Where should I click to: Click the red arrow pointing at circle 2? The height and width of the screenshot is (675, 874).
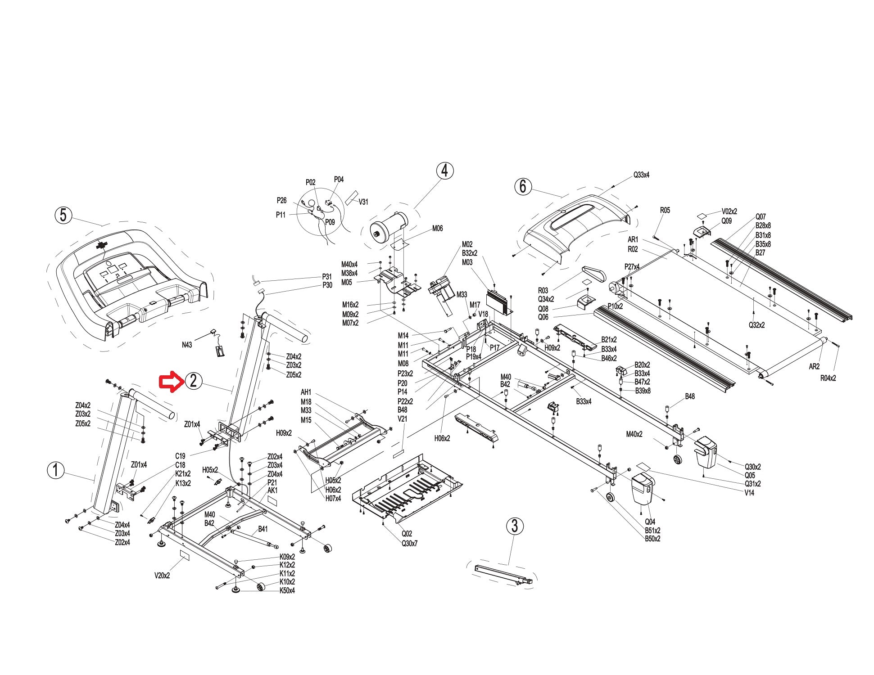click(x=172, y=382)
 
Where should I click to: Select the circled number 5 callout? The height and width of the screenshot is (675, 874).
click(x=63, y=215)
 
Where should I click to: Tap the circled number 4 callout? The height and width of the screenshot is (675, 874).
click(x=444, y=171)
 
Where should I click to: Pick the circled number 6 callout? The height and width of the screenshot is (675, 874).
click(x=523, y=186)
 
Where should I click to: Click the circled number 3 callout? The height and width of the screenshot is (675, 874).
click(x=515, y=526)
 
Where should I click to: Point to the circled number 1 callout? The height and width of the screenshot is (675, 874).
click(x=56, y=471)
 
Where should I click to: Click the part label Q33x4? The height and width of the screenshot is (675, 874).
click(x=641, y=175)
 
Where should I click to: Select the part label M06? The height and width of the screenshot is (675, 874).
click(x=437, y=228)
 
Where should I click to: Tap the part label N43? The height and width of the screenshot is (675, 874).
click(x=187, y=345)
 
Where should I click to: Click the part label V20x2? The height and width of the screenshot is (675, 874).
click(x=162, y=576)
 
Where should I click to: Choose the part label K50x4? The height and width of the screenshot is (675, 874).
click(x=287, y=590)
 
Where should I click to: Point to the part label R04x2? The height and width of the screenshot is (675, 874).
click(x=828, y=378)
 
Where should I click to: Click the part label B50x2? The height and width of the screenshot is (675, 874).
click(x=652, y=539)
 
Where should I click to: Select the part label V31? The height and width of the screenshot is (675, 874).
click(x=363, y=202)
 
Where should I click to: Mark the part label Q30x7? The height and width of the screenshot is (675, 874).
click(x=409, y=544)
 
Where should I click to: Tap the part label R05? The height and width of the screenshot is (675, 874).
click(x=665, y=210)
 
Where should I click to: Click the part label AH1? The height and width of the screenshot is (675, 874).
click(x=306, y=392)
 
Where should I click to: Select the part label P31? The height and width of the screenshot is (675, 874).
click(x=327, y=277)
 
